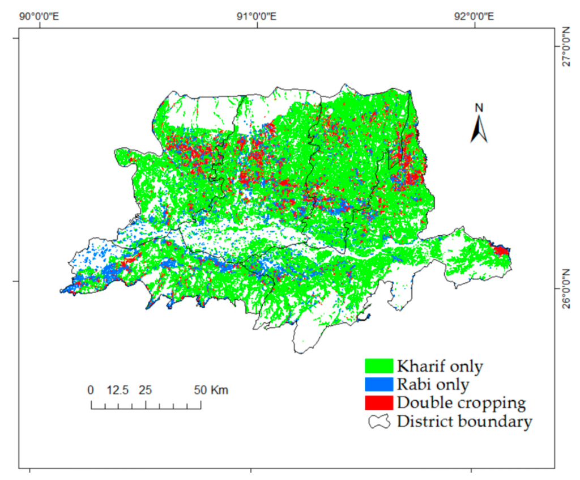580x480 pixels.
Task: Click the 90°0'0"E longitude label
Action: point(40,16)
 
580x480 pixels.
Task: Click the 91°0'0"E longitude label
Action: point(257,16)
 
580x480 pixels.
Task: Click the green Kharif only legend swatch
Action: point(379,366)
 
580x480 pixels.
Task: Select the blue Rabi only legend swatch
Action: point(379,384)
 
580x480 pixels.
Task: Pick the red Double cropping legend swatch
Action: point(379,402)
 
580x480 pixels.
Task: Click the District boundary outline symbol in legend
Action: point(379,421)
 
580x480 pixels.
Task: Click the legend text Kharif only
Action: point(440,366)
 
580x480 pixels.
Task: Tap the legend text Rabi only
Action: point(433,384)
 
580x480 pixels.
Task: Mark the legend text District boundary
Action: point(464,421)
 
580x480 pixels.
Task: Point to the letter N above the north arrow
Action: point(479,108)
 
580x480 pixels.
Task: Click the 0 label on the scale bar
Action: point(91,390)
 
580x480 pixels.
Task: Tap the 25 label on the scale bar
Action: point(146,390)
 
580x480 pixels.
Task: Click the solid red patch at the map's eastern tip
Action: point(501,250)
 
